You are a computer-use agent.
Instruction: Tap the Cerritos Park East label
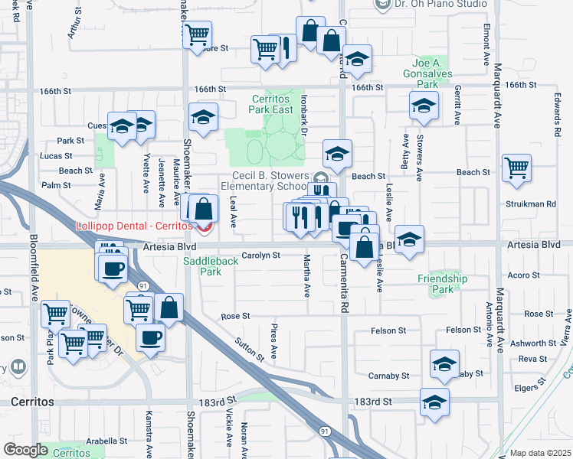click(273, 104)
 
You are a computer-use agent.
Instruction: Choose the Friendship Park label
click(443, 284)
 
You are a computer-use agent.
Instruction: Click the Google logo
click(25, 450)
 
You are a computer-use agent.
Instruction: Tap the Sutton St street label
click(250, 350)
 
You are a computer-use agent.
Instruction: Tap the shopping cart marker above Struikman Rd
click(517, 168)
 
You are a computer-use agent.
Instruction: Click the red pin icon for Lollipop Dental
click(203, 227)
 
